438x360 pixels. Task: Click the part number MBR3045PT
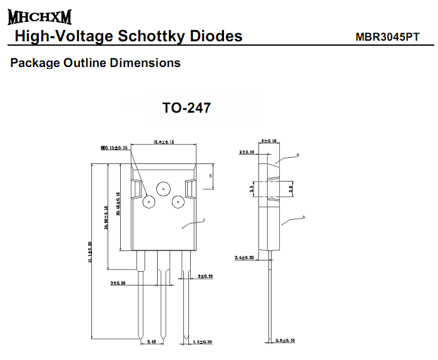(x=387, y=37)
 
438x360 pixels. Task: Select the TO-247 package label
(x=186, y=108)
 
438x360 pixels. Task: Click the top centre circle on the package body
(x=163, y=188)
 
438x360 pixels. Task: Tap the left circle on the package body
(x=149, y=202)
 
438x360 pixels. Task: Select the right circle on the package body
(x=178, y=202)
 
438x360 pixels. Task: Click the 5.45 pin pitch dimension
(x=151, y=342)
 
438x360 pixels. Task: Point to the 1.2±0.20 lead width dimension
(x=203, y=342)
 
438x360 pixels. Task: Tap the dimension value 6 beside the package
(x=211, y=177)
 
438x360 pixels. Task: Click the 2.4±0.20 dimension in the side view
(x=244, y=257)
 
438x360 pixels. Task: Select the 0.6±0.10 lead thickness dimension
(x=285, y=341)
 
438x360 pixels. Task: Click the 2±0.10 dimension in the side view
(x=248, y=152)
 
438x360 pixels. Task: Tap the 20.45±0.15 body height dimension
(x=118, y=207)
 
